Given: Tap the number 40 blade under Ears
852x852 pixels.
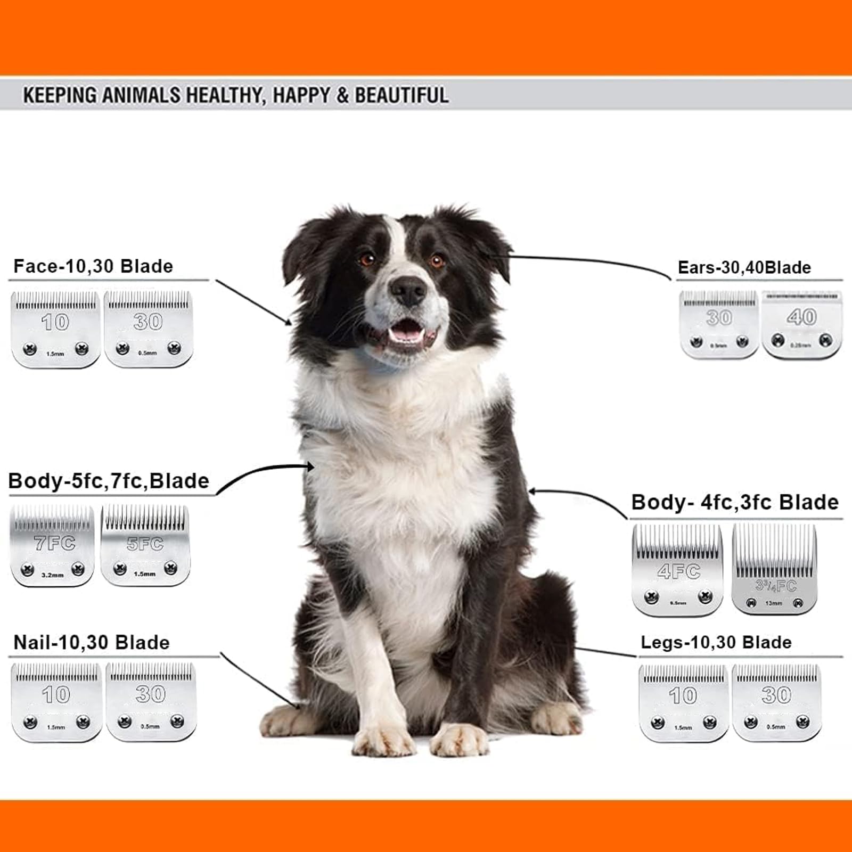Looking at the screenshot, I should click(x=802, y=325).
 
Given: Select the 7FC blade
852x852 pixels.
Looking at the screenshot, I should click(x=52, y=545).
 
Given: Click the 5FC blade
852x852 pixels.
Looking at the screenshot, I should click(x=145, y=545).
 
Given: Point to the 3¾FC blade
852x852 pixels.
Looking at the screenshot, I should click(x=774, y=569).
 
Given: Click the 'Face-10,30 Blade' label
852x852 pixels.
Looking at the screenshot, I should click(x=93, y=266).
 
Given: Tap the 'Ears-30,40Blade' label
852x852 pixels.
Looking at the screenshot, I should click(x=744, y=267).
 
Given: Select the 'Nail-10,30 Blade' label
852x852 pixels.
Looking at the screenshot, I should click(x=91, y=642).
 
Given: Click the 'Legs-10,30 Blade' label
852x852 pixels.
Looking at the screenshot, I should click(x=716, y=642).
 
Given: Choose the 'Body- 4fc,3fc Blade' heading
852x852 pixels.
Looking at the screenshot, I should click(x=734, y=502).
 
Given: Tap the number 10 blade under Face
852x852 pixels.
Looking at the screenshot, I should click(x=55, y=329).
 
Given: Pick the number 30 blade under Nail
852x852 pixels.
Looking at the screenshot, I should click(x=151, y=701).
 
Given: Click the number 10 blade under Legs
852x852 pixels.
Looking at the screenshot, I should click(x=683, y=702).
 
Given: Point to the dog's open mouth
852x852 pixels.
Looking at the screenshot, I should click(x=406, y=330).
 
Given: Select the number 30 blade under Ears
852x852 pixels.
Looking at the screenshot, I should click(x=719, y=324).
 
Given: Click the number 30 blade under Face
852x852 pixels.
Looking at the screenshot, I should click(x=148, y=329).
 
